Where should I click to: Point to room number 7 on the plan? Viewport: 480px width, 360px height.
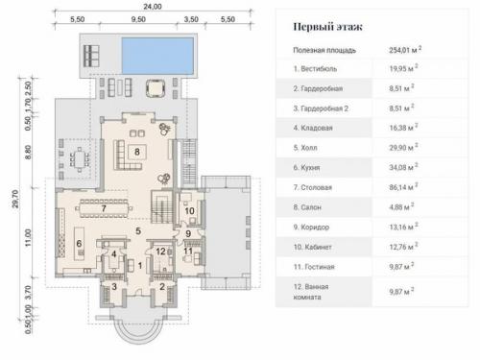pyautogui.click(x=102, y=208)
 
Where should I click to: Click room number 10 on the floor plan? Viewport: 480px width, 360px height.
pyautogui.click(x=188, y=210)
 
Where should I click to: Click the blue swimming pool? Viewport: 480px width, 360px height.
pyautogui.click(x=156, y=47)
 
